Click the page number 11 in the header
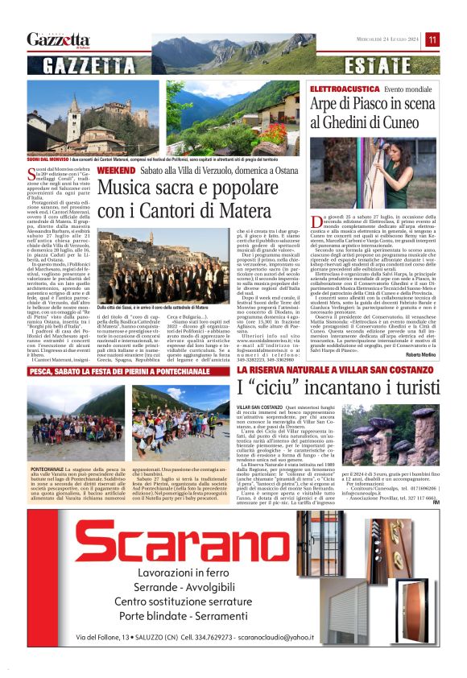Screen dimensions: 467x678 click(432, 39)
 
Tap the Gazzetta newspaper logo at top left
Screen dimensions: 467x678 click(58, 39)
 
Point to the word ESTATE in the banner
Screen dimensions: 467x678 click(362, 65)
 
